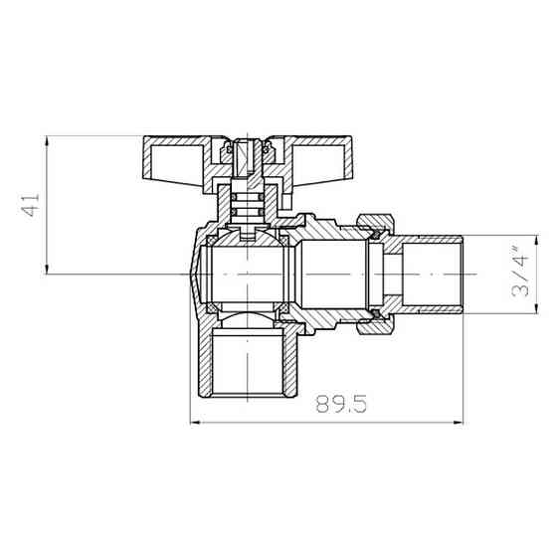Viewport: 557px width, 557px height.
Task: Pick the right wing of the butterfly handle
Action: [308, 157]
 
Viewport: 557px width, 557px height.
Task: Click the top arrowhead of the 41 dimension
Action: [46, 140]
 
